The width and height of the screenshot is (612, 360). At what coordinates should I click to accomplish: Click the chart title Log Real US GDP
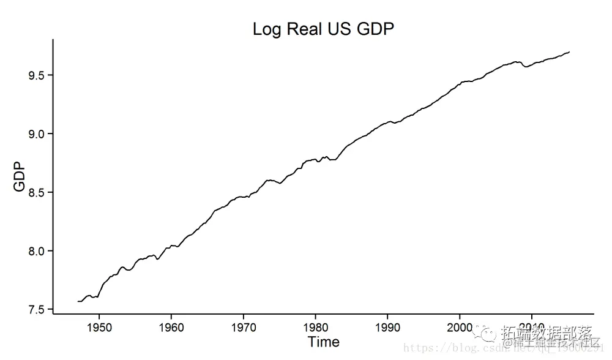323,29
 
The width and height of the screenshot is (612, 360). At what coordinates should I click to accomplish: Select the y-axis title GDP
20,176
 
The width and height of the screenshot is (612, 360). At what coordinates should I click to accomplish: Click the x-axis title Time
323,342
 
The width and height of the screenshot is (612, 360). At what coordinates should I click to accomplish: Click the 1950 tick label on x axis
99,328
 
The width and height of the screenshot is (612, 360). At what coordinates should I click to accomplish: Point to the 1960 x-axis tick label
171,328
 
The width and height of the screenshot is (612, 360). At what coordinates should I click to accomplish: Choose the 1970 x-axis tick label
244,328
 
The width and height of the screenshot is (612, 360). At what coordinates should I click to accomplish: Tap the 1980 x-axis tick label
315,328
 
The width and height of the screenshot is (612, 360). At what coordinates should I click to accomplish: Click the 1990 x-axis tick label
387,328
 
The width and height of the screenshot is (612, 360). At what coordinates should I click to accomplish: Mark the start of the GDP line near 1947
78,301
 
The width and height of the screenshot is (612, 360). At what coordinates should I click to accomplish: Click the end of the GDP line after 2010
570,52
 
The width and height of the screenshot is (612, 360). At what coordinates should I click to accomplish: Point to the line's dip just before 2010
526,66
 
